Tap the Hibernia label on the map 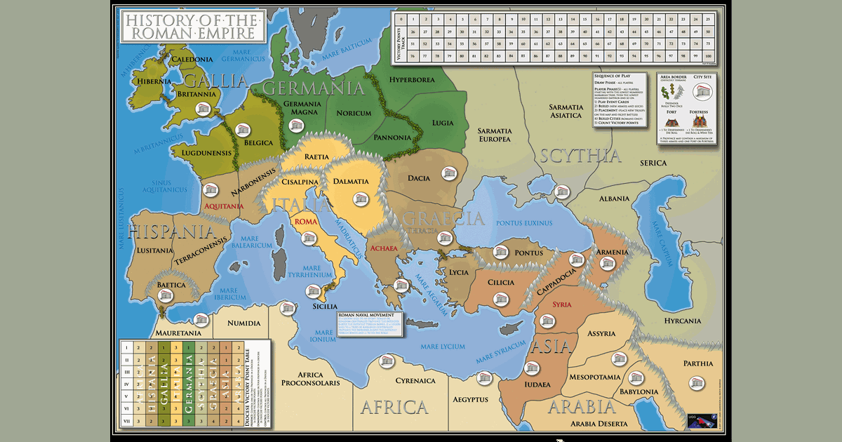pyautogui.click(x=154, y=81)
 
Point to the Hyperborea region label pyautogui.click(x=412, y=80)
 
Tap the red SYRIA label pyautogui.click(x=562, y=304)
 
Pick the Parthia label pyautogui.click(x=698, y=363)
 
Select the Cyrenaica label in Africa pyautogui.click(x=415, y=381)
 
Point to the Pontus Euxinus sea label pyautogui.click(x=524, y=223)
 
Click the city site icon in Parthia pyautogui.click(x=696, y=383)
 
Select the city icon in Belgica pyautogui.click(x=243, y=130)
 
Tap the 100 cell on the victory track pyautogui.click(x=708, y=56)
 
